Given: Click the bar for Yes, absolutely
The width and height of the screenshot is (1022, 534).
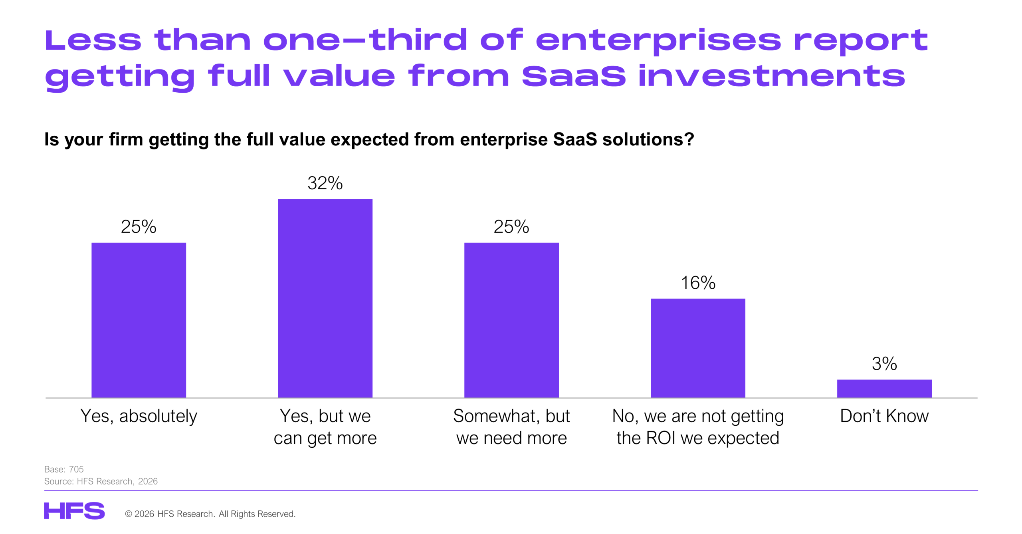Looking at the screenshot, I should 139,320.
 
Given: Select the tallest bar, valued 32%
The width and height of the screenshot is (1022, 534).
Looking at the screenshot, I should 325,298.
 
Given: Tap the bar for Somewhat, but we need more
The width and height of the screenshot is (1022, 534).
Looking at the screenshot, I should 511,320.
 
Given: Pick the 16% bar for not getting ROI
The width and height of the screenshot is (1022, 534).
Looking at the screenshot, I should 698,347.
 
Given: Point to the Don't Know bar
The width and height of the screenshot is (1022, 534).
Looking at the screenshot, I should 884,388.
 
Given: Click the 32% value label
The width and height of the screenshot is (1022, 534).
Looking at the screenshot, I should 325,183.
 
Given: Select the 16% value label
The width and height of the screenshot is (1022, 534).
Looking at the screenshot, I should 698,283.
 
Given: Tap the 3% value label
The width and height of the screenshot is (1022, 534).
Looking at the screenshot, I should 884,364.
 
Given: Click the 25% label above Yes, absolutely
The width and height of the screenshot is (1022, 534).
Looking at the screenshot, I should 139,227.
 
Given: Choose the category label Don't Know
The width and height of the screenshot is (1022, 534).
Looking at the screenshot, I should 884,416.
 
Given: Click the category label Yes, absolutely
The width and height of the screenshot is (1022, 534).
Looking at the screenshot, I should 139,416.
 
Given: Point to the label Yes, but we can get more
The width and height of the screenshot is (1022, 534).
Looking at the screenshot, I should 325,427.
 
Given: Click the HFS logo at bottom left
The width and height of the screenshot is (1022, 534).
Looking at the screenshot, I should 74,511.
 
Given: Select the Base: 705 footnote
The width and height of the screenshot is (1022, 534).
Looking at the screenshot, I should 64,469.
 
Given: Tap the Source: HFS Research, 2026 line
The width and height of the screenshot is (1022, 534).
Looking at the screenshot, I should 101,481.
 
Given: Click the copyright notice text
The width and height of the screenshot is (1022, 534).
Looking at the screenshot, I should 210,514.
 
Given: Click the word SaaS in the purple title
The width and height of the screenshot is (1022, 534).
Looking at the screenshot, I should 574,76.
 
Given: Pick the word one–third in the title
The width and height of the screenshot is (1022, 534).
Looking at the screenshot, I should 365,40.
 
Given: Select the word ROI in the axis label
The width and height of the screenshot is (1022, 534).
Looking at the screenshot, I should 661,438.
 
